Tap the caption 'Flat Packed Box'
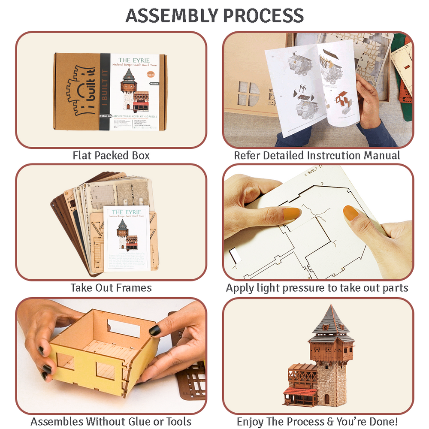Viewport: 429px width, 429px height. [x=111, y=155]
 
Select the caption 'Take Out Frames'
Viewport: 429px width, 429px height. [x=111, y=287]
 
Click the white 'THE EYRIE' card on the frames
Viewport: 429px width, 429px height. [x=127, y=238]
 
